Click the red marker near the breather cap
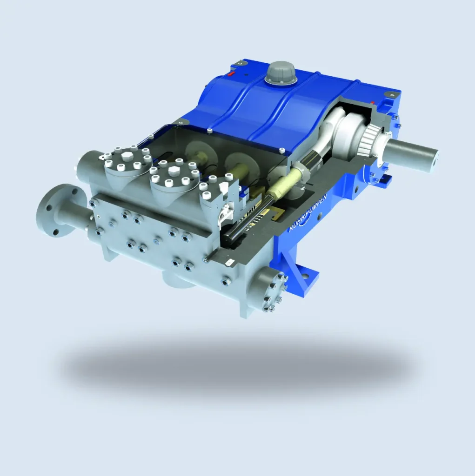coord(232,73)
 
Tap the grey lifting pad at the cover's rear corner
coord(241,62)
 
